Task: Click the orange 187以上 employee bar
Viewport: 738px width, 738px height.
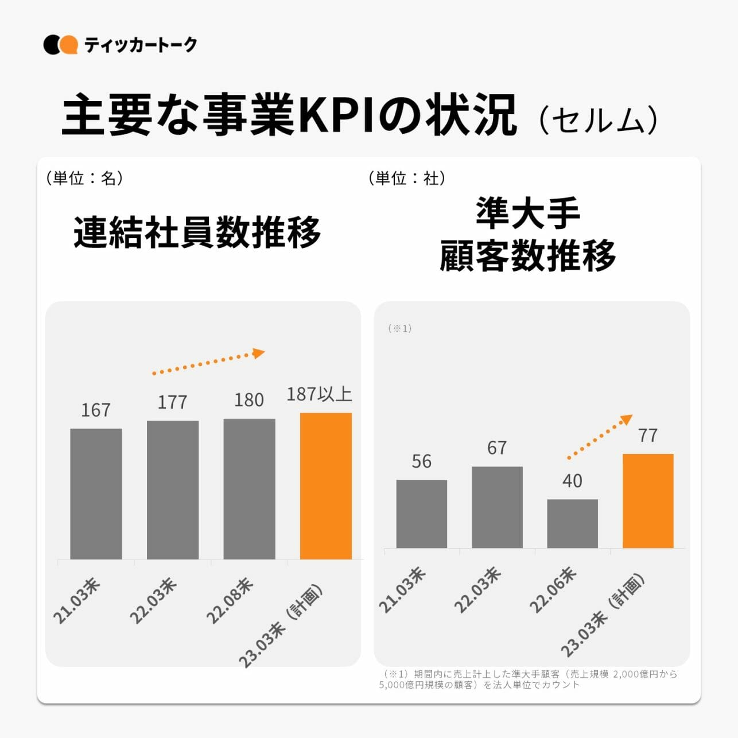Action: click(326, 485)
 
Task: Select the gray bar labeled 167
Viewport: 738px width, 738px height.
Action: click(96, 494)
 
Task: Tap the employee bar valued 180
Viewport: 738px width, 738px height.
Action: click(249, 488)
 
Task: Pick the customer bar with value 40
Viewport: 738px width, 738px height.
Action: click(572, 523)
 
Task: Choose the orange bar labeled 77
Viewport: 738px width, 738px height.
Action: click(648, 500)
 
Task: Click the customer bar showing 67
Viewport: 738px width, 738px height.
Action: click(497, 507)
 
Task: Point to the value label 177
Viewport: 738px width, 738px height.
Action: click(172, 402)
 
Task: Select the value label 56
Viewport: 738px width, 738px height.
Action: click(421, 461)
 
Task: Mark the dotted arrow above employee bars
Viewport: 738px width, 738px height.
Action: click(208, 362)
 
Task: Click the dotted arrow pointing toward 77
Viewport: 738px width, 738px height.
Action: click(600, 437)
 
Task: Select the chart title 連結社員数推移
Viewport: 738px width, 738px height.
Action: click(197, 232)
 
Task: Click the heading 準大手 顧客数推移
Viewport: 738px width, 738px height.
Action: click(528, 234)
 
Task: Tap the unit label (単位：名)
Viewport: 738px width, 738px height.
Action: click(84, 178)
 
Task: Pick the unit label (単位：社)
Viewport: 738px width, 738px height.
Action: click(407, 178)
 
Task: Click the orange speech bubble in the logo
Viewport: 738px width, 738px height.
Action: click(69, 45)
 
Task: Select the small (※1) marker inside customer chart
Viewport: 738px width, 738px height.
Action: click(400, 328)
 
